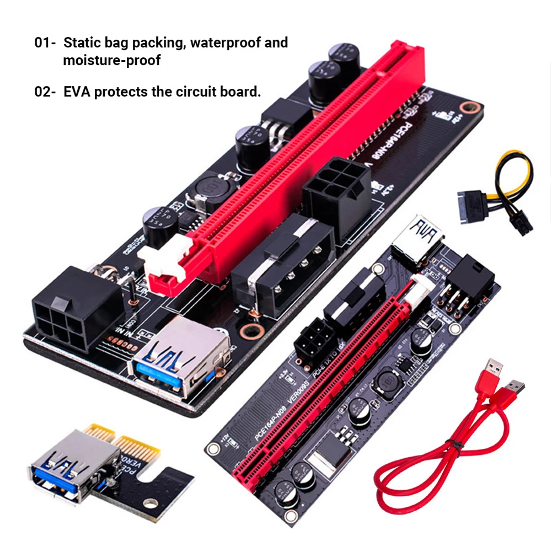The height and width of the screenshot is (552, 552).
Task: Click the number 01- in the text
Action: click(46, 43)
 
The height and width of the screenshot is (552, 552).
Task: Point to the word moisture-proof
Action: click(112, 60)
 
